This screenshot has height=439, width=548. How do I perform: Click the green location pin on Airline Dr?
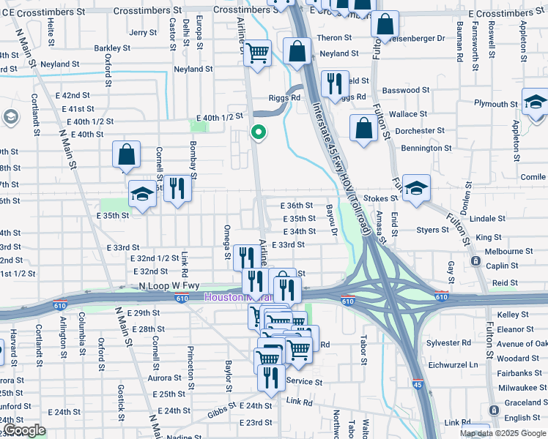tap(258, 132)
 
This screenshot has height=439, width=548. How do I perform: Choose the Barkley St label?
tap(112, 48)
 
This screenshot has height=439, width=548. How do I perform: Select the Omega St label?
tap(227, 241)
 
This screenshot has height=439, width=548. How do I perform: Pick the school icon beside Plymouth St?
tap(536, 102)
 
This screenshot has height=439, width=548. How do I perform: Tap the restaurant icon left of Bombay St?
tap(177, 188)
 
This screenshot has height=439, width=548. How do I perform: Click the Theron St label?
tap(335, 38)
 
